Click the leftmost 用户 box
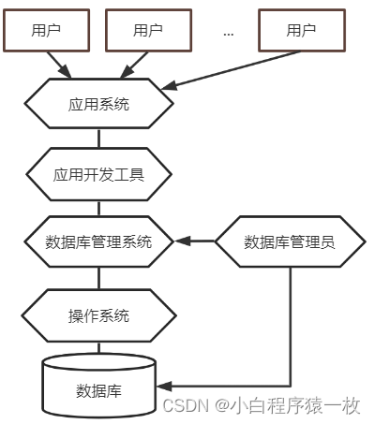click(46, 30)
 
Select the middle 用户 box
click(148, 30)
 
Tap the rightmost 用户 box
click(301, 30)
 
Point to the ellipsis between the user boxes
click(228, 33)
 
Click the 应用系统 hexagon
click(98, 104)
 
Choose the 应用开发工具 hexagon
click(98, 173)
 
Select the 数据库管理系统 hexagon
click(98, 241)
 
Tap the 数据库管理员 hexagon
click(290, 241)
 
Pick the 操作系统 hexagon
click(98, 314)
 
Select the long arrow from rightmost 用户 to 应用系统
click(234, 70)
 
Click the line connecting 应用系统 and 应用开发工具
click(98, 139)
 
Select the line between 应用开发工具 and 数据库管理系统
click(98, 207)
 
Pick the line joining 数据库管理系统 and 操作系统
click(98, 278)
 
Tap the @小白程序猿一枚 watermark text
click(287, 405)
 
